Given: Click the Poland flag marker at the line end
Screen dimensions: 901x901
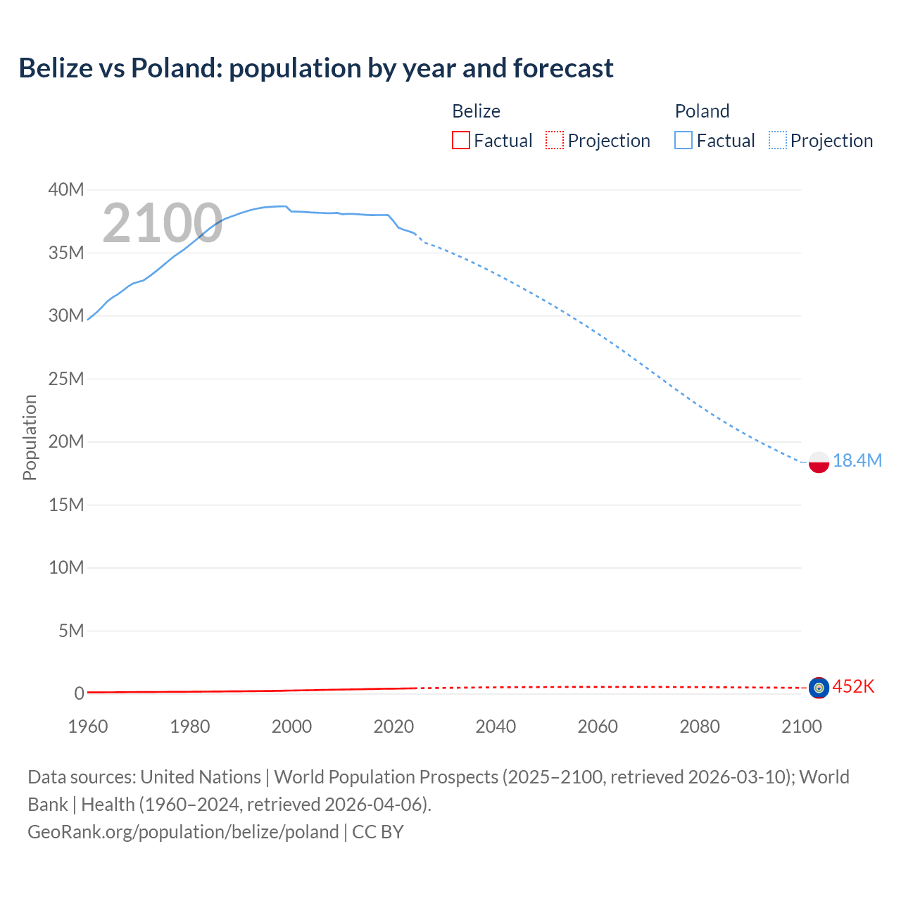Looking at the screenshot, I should [819, 462].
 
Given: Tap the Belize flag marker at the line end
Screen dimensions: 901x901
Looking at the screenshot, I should [819, 687].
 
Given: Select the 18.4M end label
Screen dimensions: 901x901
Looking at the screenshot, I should [857, 460].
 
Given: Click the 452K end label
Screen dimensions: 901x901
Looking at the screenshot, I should [853, 686].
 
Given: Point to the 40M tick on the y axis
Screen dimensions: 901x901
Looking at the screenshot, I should [66, 189].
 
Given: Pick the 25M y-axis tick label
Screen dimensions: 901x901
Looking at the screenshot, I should [66, 379].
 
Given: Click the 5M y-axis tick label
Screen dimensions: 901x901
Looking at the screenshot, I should [71, 631].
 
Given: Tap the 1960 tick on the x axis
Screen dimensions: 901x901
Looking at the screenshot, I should [88, 726].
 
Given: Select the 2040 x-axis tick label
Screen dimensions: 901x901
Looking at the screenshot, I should [496, 726].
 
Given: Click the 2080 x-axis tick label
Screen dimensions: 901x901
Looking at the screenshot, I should [700, 726].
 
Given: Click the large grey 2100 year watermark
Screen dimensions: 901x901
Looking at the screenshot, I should [163, 223].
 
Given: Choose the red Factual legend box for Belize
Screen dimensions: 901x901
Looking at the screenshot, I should [461, 140].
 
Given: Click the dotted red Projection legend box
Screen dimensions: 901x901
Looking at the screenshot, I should [555, 140].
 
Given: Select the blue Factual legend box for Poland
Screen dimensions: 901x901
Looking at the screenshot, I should [683, 140].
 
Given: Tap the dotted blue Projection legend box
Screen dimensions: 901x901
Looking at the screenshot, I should [778, 140].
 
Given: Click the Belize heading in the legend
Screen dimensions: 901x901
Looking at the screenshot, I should [476, 111].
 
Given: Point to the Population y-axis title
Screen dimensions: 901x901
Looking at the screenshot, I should [30, 437].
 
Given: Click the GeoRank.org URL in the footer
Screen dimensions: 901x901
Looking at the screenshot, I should [183, 832].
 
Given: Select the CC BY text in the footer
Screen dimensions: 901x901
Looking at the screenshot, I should [378, 832].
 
